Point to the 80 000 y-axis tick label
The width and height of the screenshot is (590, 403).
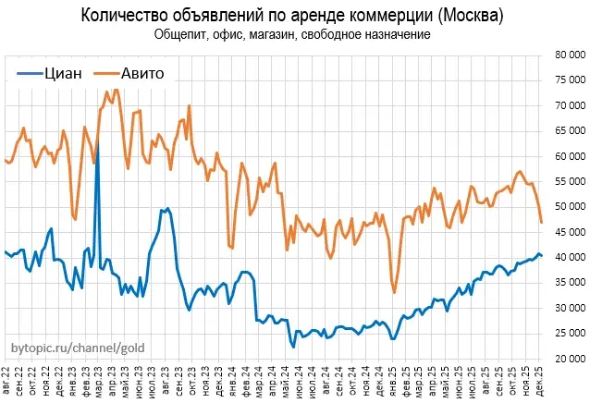(566, 55)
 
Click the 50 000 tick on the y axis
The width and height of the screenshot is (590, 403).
(566, 206)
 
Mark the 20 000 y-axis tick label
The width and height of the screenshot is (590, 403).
(566, 359)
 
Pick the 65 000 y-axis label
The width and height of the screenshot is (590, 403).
(566, 130)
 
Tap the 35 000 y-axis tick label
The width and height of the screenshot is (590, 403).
(566, 283)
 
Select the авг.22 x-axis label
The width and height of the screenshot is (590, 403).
(8, 381)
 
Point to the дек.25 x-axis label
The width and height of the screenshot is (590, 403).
(541, 381)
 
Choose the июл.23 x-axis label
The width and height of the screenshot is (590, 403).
(153, 381)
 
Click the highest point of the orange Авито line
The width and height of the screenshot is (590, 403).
(116, 90)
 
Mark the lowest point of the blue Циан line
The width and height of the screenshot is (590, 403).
(293, 347)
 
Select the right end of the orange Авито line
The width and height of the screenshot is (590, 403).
(541, 223)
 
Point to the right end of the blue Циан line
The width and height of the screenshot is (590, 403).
(541, 256)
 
